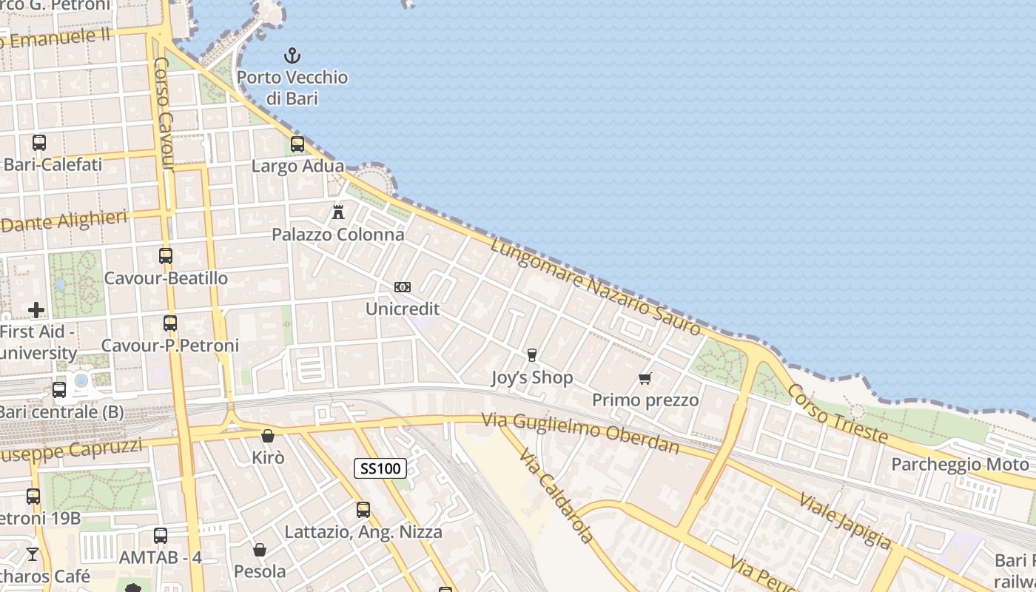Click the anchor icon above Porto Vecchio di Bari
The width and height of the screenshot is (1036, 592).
click(x=292, y=55)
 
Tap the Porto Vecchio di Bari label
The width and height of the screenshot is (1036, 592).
click(x=292, y=87)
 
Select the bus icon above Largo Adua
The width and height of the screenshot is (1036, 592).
click(x=297, y=144)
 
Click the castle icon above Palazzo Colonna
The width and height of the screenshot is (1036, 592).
click(x=338, y=212)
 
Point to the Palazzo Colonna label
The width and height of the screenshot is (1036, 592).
click(x=338, y=235)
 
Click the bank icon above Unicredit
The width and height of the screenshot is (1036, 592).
click(x=403, y=286)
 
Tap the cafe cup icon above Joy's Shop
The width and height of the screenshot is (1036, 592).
click(x=531, y=355)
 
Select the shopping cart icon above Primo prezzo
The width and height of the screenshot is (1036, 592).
click(x=645, y=378)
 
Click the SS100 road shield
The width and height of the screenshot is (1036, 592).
click(x=380, y=468)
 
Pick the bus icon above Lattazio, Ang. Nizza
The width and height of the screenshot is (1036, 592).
click(x=363, y=509)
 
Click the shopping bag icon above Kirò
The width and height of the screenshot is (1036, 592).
click(x=268, y=436)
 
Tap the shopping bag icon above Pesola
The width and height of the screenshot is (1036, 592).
click(x=260, y=550)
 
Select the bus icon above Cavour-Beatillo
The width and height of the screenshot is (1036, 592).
click(x=166, y=256)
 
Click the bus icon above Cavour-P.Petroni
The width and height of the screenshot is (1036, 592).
click(x=170, y=323)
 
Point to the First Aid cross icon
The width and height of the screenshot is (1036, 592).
click(x=36, y=310)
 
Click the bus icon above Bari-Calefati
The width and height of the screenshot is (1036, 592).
click(x=39, y=143)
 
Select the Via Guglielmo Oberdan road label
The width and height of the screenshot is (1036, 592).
click(x=581, y=433)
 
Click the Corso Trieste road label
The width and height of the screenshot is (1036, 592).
click(x=837, y=414)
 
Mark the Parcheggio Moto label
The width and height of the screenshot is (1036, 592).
click(x=960, y=464)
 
